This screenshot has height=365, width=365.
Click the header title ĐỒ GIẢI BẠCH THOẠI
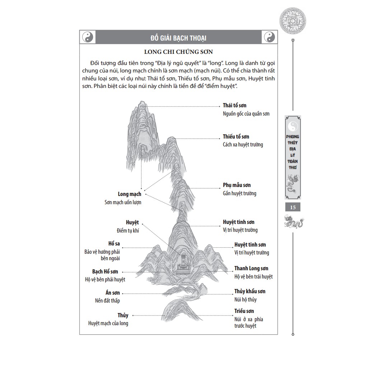click(x=178, y=38)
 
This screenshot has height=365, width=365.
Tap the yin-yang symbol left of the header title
click(x=88, y=37)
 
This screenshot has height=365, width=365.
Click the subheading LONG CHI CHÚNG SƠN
click(x=178, y=52)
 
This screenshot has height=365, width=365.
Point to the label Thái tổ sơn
click(x=234, y=106)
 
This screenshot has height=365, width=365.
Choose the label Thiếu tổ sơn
click(x=236, y=137)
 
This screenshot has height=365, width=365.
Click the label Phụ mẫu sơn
click(x=237, y=185)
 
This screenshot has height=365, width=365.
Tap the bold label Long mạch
click(x=130, y=194)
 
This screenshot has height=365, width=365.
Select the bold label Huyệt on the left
click(x=132, y=223)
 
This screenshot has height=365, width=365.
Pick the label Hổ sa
click(x=114, y=244)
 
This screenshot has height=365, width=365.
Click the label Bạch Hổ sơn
click(x=105, y=272)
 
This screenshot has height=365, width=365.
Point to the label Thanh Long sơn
click(x=251, y=268)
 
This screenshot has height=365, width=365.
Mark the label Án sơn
click(x=113, y=293)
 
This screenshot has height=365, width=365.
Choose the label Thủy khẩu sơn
click(x=250, y=291)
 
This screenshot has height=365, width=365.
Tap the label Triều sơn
click(x=244, y=311)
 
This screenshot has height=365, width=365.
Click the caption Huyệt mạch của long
click(x=108, y=323)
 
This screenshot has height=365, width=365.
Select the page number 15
click(x=293, y=207)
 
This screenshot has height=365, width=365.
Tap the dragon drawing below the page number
click(x=293, y=223)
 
